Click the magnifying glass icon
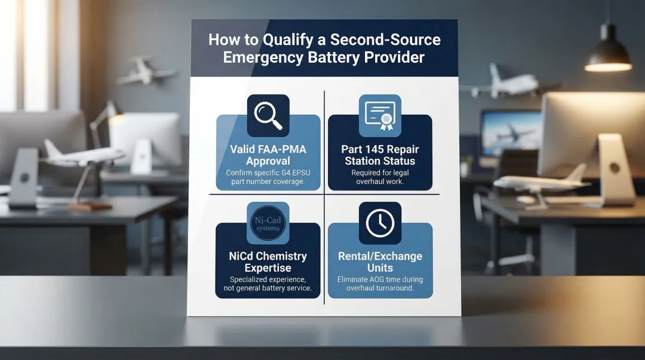pyautogui.click(x=268, y=115)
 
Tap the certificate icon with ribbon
pyautogui.click(x=380, y=116)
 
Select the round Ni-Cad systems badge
pyautogui.click(x=268, y=223)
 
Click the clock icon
pyautogui.click(x=380, y=223)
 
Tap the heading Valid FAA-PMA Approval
pyautogui.click(x=268, y=155)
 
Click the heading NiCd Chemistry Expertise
pyautogui.click(x=268, y=261)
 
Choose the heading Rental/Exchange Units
pyautogui.click(x=380, y=261)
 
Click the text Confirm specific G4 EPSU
pyautogui.click(x=268, y=173)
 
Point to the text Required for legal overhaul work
pyautogui.click(x=380, y=177)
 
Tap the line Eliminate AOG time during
pyautogui.click(x=380, y=279)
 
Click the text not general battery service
pyautogui.click(x=268, y=288)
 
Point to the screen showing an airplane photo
pyautogui.click(x=511, y=133)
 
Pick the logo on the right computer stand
pyautogui.click(x=615, y=168)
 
